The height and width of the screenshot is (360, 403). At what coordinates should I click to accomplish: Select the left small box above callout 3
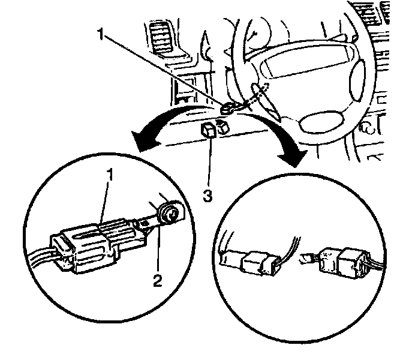tap(209, 130)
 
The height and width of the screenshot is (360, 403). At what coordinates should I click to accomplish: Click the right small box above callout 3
tap(222, 127)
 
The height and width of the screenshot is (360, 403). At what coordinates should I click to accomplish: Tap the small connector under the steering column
tap(228, 108)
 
